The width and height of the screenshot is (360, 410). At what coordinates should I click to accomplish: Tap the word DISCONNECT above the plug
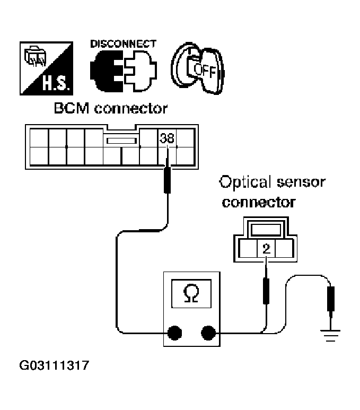pyautogui.click(x=124, y=43)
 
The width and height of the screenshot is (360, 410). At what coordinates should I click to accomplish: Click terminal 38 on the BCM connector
pyautogui.click(x=167, y=138)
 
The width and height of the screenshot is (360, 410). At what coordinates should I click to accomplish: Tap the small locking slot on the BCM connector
pyautogui.click(x=121, y=141)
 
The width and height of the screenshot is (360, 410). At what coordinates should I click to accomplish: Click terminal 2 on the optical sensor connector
pyautogui.click(x=266, y=248)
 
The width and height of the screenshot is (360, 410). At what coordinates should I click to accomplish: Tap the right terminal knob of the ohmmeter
pyautogui.click(x=208, y=333)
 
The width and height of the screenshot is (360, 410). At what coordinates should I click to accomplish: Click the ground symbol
pyautogui.click(x=330, y=336)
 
